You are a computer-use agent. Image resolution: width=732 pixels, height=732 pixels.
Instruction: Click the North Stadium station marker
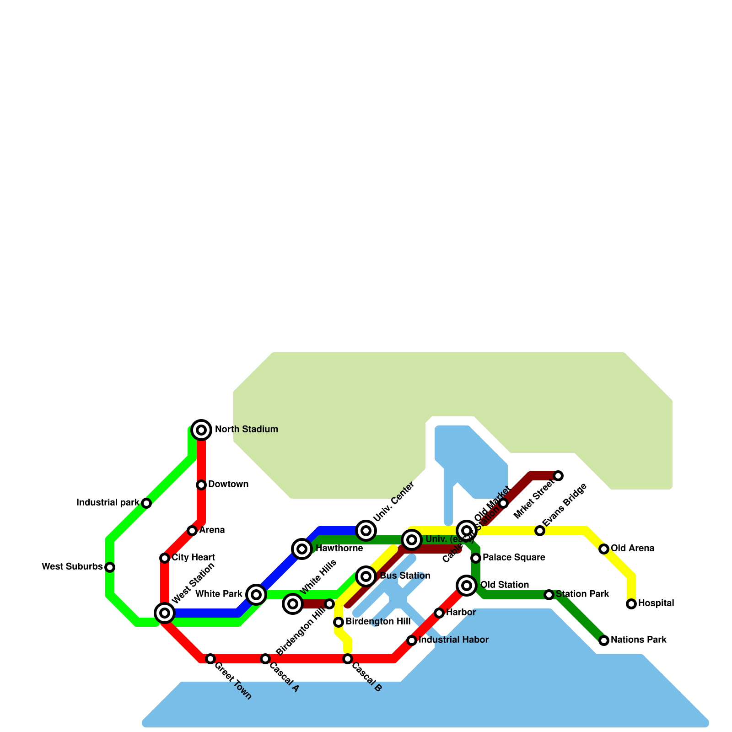coord(201,430)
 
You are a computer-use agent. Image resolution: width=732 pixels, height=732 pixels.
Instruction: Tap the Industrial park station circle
coord(146,503)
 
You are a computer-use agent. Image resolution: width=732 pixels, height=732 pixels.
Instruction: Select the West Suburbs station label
coord(72,567)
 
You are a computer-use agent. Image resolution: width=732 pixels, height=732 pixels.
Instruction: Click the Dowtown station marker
coord(201,484)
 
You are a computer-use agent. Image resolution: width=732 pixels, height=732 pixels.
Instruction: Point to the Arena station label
coord(212,530)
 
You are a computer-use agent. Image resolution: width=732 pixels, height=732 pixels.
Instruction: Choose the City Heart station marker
coord(165,558)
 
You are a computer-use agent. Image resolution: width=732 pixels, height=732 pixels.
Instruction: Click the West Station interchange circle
coord(165,613)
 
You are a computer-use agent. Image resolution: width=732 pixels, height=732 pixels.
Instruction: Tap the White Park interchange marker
coord(256,594)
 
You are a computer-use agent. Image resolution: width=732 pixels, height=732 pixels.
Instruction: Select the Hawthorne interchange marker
coord(302,549)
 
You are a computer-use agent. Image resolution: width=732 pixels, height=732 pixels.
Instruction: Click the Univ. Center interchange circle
coord(366,531)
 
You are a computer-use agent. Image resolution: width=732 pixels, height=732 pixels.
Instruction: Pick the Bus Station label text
coord(405,576)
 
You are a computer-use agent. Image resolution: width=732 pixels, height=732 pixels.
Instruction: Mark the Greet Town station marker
coord(210,659)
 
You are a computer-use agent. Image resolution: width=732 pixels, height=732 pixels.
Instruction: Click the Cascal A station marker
coord(265,659)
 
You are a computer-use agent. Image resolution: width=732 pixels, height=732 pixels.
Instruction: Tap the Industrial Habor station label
coord(453,640)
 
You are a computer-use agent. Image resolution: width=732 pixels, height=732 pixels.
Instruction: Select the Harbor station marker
coord(439,613)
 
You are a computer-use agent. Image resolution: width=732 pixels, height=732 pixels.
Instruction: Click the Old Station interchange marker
coord(467,585)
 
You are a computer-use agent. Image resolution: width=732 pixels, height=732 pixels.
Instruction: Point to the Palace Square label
coord(514,557)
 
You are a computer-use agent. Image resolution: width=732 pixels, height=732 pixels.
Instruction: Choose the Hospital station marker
coord(631,604)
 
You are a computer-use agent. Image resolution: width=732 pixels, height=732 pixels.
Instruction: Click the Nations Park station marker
coord(604,640)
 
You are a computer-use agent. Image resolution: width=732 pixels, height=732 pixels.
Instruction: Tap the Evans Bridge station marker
coord(540,531)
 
